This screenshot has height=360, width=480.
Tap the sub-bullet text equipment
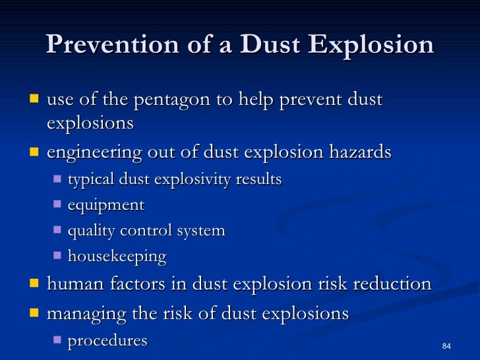pos(105,206)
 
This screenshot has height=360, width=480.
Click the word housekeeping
pos(117,256)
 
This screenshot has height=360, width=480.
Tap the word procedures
pos(107,340)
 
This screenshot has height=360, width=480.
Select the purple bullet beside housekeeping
pos(57,255)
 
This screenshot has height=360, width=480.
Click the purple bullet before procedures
pos(57,340)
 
